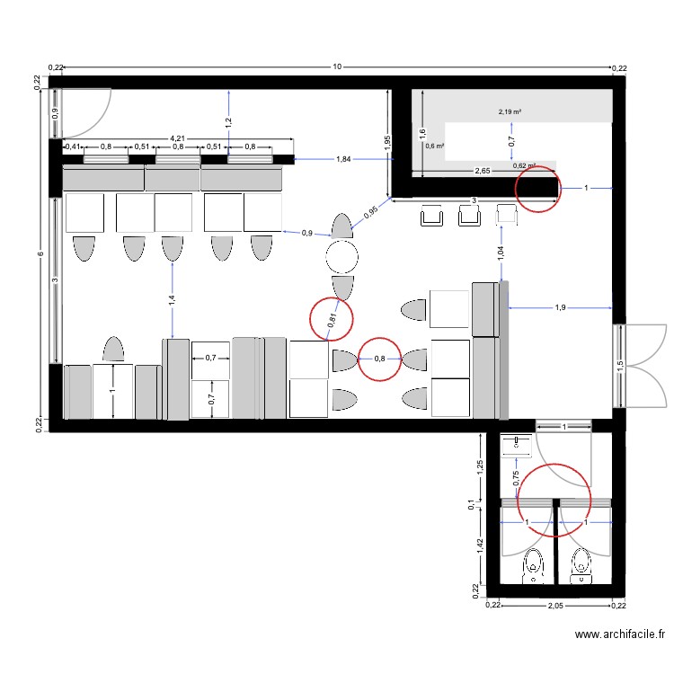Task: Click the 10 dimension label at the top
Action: [x=336, y=67]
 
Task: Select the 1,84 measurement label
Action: [x=343, y=159]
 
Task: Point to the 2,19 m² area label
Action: [x=510, y=112]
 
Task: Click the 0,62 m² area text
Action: [x=524, y=165]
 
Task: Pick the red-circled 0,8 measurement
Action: [x=379, y=359]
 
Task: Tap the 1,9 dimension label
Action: [x=560, y=307]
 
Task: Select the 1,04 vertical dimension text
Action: [x=501, y=253]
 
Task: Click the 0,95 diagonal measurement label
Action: [x=371, y=213]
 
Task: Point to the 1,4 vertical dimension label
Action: [x=172, y=300]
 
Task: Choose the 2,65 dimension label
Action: [x=482, y=170]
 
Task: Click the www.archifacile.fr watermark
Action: [x=621, y=635]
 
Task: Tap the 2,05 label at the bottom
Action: [x=557, y=606]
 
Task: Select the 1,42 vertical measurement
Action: [x=482, y=547]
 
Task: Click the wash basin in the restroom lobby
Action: [x=518, y=441]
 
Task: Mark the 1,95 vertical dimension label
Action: [x=387, y=142]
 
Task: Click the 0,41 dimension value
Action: [x=73, y=146]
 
